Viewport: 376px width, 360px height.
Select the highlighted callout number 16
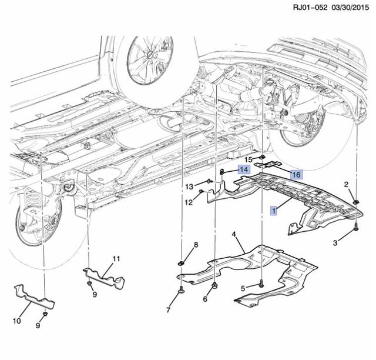[296, 175]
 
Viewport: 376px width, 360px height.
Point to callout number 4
[234, 236]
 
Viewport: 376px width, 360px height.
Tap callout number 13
[190, 186]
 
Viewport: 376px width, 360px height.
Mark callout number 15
[248, 159]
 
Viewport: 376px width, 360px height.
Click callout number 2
[347, 185]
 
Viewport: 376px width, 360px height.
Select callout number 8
[196, 244]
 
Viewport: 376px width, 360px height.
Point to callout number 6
[206, 299]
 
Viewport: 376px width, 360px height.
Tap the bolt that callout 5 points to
[261, 284]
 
